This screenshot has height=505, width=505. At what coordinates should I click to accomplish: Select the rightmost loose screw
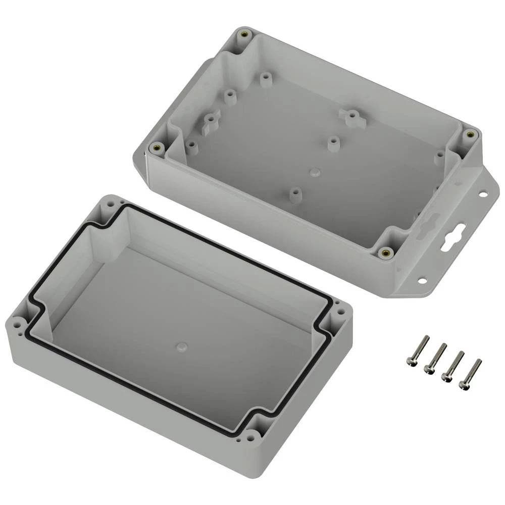click(470, 374)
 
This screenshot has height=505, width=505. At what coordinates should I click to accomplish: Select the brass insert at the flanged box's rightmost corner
click(470, 134)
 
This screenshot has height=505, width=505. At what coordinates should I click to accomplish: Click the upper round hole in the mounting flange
click(482, 193)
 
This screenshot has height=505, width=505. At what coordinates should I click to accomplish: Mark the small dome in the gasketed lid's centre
click(181, 346)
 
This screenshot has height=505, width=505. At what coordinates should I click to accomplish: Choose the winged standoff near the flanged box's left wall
click(209, 122)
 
